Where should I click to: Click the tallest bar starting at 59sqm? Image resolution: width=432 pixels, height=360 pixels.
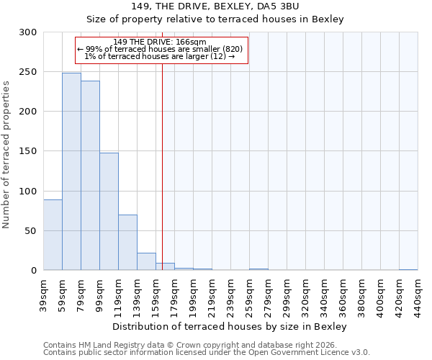[71, 171]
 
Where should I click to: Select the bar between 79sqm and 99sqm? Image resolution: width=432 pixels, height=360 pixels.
[90, 176]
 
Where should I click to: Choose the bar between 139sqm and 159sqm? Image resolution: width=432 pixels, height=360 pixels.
[146, 261]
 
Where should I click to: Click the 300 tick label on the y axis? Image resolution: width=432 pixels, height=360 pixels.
[29, 32]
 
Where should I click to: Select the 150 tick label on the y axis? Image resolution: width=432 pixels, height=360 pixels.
[29, 151]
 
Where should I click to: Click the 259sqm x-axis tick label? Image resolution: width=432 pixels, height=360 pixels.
[250, 295]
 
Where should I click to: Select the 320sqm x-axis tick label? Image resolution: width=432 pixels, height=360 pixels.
[306, 295]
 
